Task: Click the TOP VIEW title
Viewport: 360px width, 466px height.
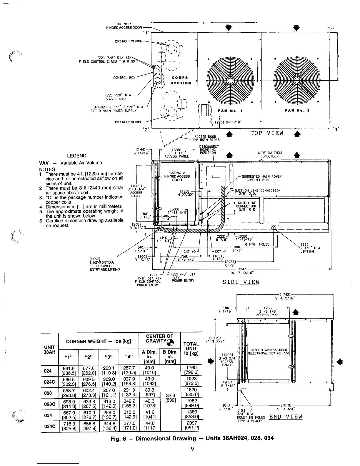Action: [x=267, y=133]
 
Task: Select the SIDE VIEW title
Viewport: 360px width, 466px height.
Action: [x=241, y=282]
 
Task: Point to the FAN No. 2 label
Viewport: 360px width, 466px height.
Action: [x=296, y=111]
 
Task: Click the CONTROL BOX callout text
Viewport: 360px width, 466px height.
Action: [x=124, y=78]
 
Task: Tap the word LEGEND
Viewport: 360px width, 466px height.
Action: [x=77, y=156]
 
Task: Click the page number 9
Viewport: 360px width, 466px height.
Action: [x=191, y=448]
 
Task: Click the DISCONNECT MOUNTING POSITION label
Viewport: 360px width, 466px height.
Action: [x=209, y=150]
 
